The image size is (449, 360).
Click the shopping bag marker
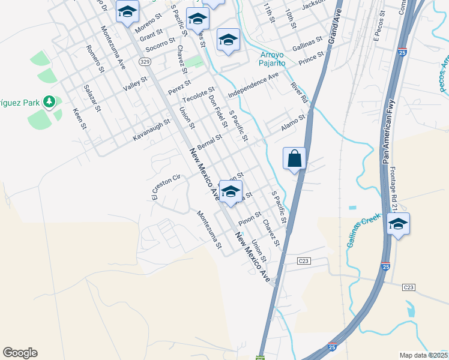coord(294,159)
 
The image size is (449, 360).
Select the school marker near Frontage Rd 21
coord(398,224)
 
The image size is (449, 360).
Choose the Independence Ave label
coord(253,85)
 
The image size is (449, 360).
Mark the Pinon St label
coord(250,218)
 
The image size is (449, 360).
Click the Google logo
coord(20,353)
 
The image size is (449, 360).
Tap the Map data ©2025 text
coord(423,355)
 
